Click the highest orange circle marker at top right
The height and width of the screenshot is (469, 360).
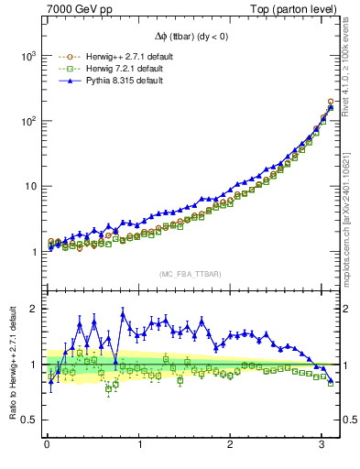[x=330, y=102]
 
